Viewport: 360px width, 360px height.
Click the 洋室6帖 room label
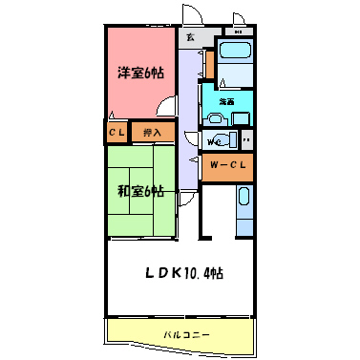pyautogui.click(x=139, y=74)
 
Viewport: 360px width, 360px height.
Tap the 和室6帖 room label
pyautogui.click(x=140, y=191)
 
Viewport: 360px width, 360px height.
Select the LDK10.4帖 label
pyautogui.click(x=184, y=274)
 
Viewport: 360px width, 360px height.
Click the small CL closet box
pyautogui.click(x=115, y=132)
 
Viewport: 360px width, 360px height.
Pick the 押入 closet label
pyautogui.click(x=152, y=132)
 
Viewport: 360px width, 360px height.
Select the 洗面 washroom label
pyautogui.click(x=227, y=100)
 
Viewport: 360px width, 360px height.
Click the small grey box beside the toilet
pyautogui.click(x=246, y=140)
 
